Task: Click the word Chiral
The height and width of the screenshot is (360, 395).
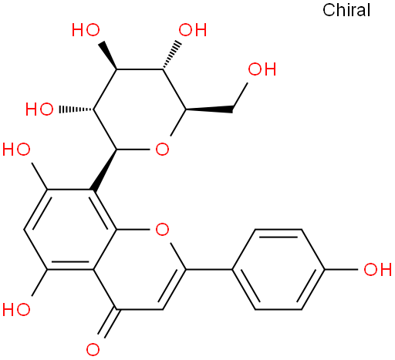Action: [346, 10]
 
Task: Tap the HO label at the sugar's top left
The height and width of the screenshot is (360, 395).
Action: [86, 30]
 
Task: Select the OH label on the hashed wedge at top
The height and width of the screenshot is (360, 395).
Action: [193, 30]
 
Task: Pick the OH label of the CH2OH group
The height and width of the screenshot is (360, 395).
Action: [262, 69]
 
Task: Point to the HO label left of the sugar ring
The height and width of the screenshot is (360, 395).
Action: [39, 109]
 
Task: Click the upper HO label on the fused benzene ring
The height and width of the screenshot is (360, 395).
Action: [16, 150]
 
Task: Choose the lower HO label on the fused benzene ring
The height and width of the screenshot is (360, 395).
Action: [16, 309]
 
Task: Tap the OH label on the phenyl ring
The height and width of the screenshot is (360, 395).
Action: [378, 270]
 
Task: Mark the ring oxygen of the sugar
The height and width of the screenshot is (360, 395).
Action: [162, 150]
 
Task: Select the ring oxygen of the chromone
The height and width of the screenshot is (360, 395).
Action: [162, 230]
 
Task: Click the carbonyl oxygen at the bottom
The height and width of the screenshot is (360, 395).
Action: [93, 349]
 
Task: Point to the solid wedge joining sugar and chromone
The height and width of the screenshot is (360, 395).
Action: [104, 170]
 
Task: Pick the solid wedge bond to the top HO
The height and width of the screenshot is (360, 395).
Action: [108, 56]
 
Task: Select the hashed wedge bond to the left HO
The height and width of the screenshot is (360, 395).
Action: [76, 109]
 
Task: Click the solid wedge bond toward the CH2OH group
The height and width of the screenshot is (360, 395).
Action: [209, 110]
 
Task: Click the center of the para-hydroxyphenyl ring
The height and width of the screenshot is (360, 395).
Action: [279, 270]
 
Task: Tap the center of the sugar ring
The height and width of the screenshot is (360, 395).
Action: [140, 109]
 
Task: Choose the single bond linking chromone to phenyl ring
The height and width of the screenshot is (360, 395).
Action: [209, 270]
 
